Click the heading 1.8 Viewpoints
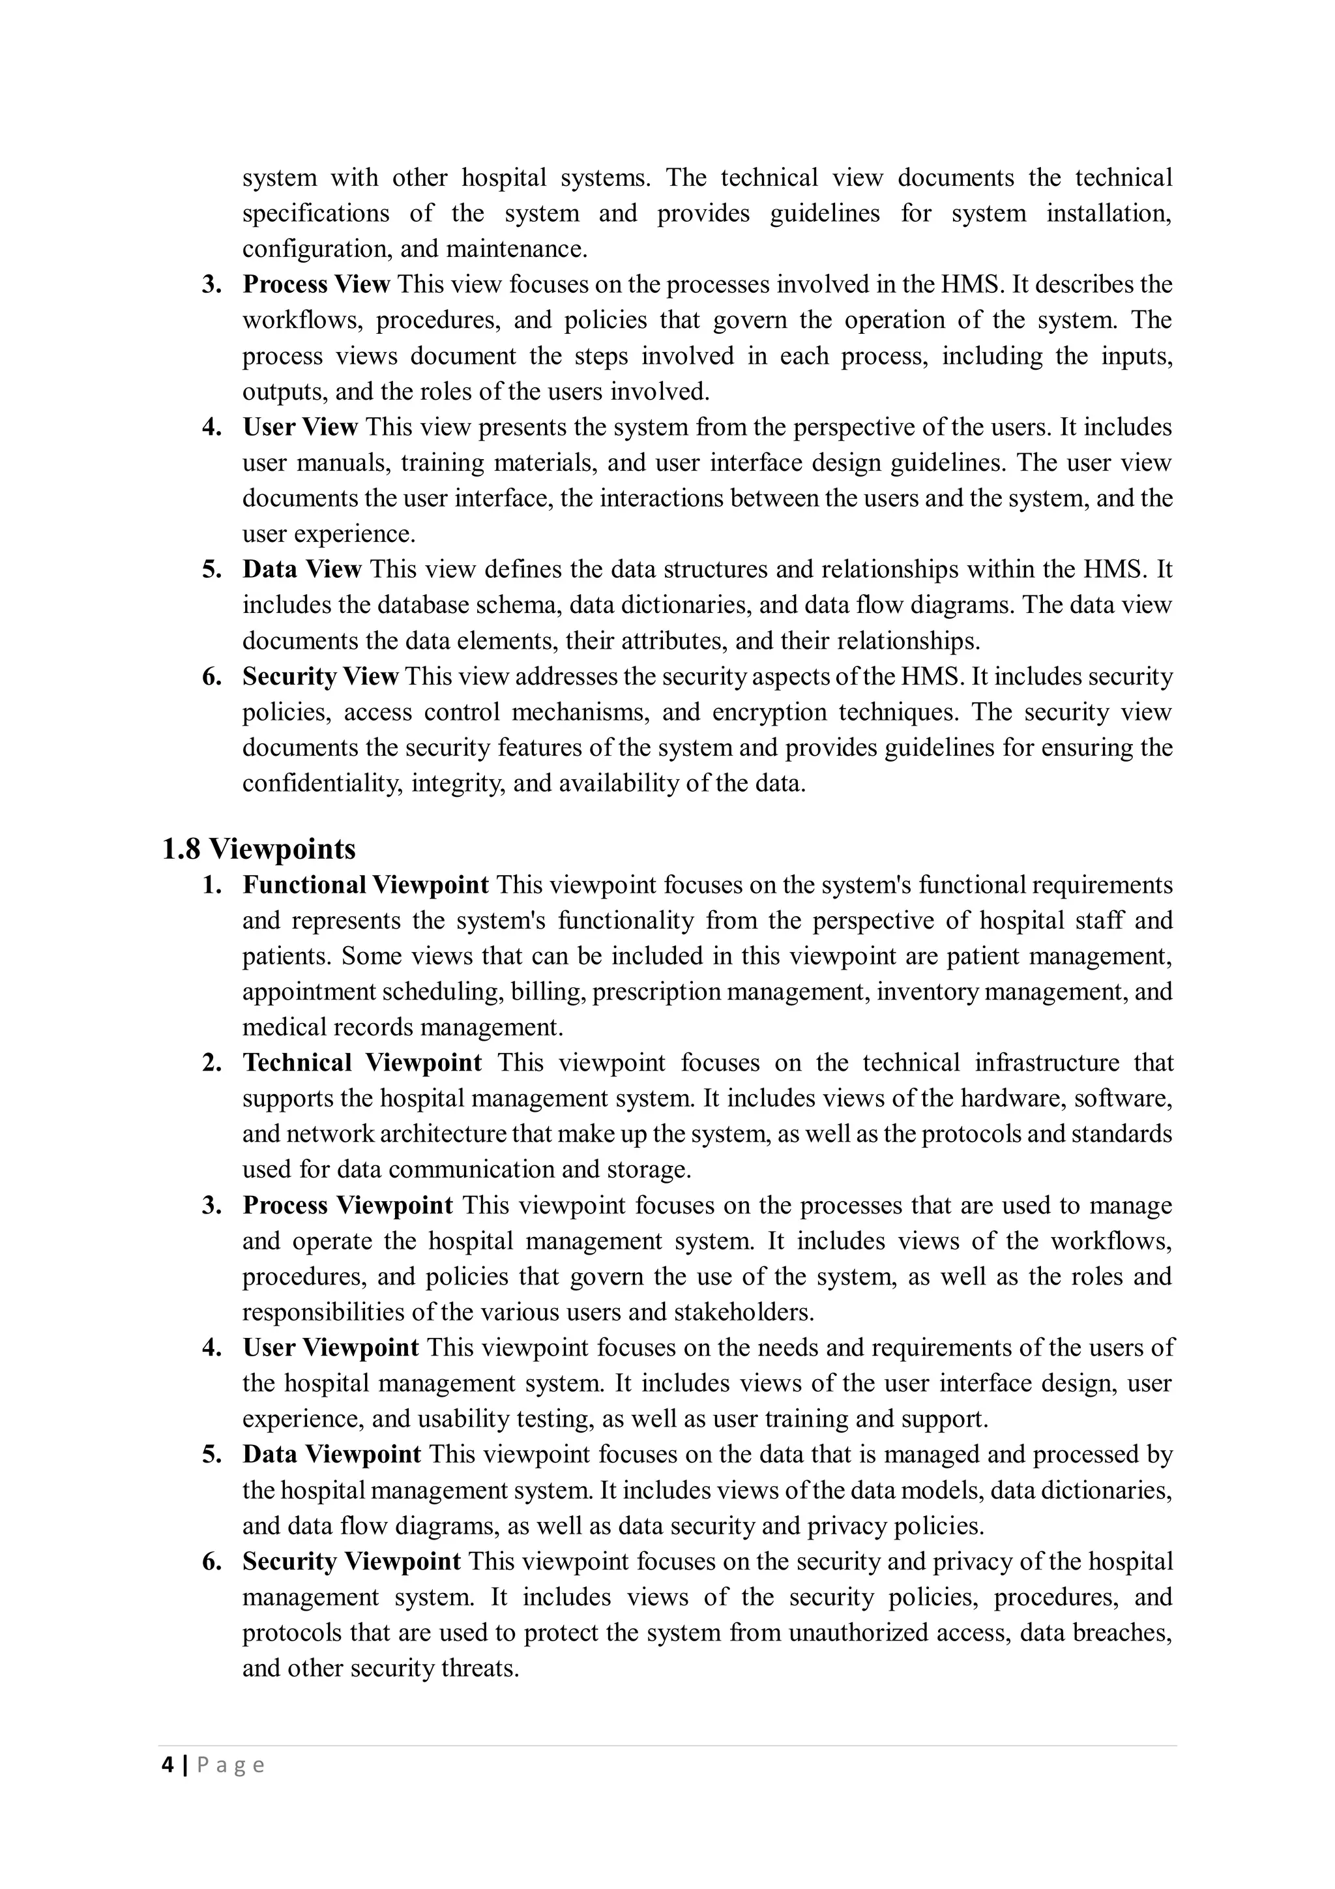pos(258,848)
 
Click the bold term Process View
pos(316,285)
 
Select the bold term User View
pos(301,427)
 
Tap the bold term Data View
pos(302,569)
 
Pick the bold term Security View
pos(320,676)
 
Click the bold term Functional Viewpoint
pos(365,885)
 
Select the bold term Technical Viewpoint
pos(362,1063)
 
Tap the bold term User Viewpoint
pos(330,1348)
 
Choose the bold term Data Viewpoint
pos(332,1455)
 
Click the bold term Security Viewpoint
pos(351,1562)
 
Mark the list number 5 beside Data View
pos(211,569)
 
